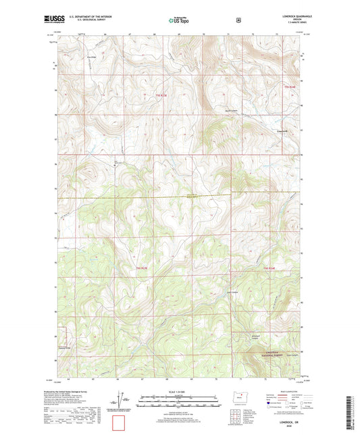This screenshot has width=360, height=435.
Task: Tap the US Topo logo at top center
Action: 179,20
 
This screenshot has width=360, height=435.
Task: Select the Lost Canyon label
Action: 233,292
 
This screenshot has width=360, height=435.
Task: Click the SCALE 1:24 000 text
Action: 180,394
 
